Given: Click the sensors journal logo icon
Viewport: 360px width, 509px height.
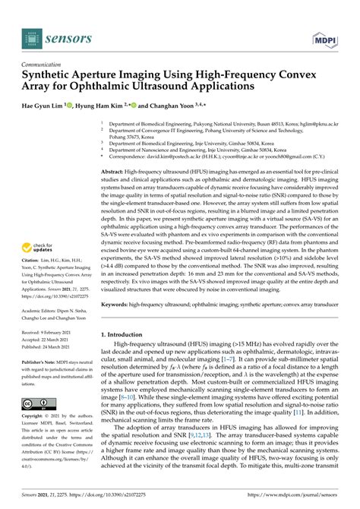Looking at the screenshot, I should coord(32,35).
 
